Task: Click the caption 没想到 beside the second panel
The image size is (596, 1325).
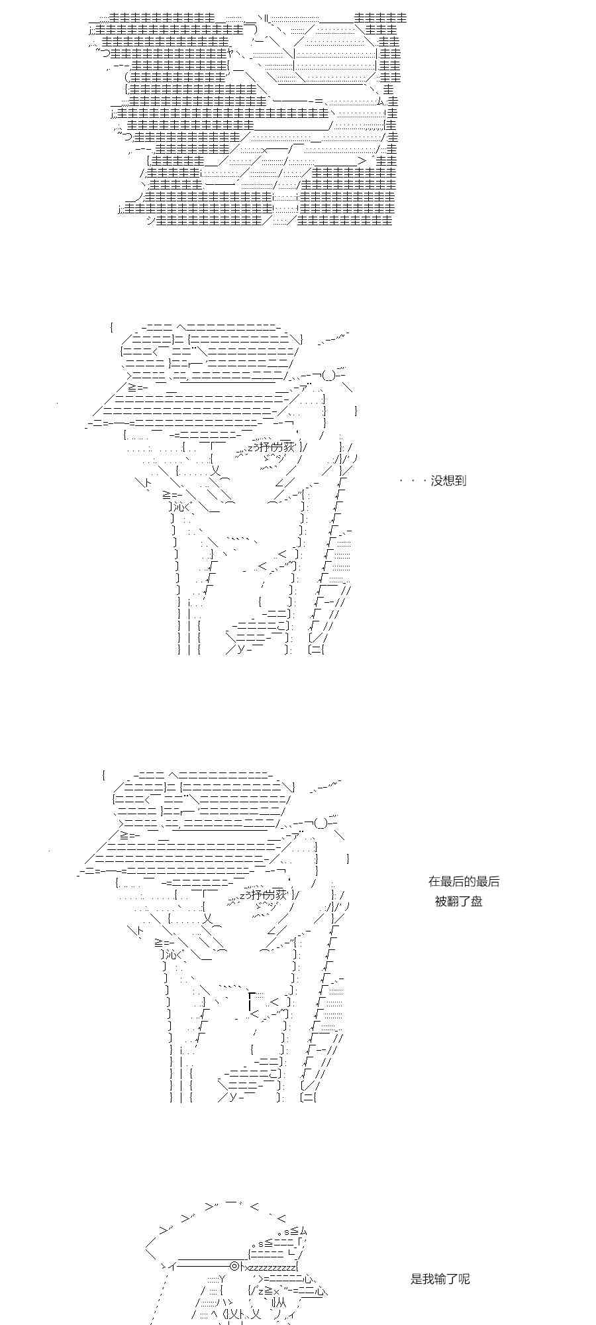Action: coord(448,481)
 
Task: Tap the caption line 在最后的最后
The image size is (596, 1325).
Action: coord(464,881)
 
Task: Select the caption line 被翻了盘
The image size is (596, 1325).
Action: coord(458,901)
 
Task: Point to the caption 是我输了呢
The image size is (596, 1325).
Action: coord(440,1279)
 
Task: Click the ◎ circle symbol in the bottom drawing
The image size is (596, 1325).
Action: coord(234,1266)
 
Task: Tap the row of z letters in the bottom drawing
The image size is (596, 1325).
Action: coord(273,1266)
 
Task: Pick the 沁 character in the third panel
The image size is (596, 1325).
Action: coord(168,955)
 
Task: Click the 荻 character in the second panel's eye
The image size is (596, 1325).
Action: coord(287,447)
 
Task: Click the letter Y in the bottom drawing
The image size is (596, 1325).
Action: coord(221,1278)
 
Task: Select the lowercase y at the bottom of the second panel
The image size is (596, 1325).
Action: coord(241,648)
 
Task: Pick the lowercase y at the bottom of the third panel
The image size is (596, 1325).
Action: coord(233,1096)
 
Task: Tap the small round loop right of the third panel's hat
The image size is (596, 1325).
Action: coord(321,823)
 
